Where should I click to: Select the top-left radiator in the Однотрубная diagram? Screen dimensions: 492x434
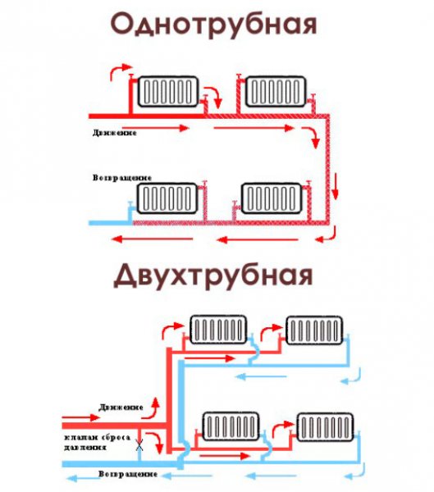(x=168, y=91)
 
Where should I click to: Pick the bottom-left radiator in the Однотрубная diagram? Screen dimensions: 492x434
(x=168, y=197)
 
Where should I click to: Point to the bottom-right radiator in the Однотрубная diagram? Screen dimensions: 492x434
(x=273, y=197)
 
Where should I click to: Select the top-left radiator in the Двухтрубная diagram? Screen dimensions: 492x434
(x=218, y=330)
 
